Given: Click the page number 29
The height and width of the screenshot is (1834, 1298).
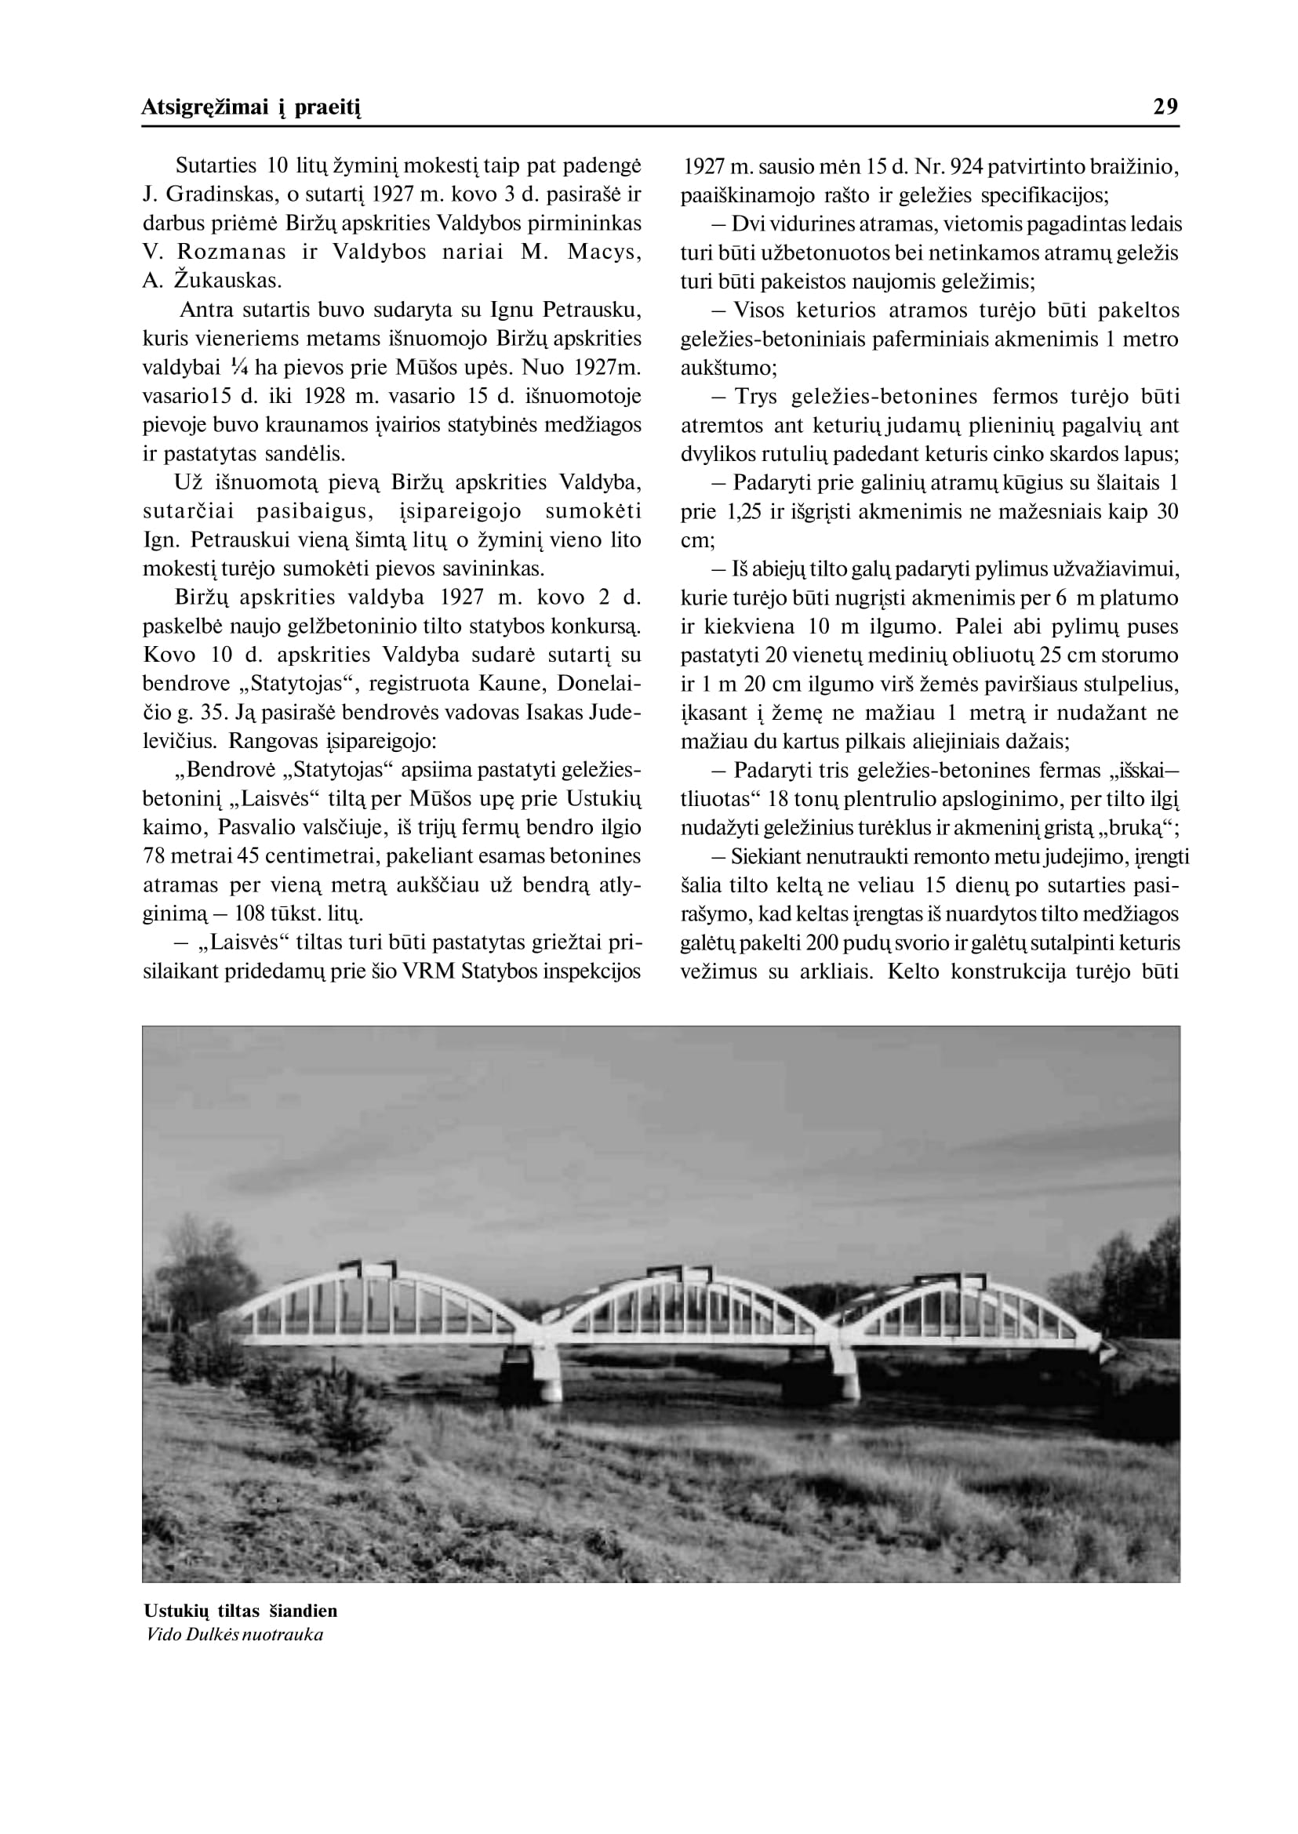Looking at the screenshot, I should pos(1165,107).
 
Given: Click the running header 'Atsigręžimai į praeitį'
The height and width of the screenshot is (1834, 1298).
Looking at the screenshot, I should pos(252,107).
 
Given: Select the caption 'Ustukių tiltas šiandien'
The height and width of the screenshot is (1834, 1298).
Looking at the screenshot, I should pos(241,1611).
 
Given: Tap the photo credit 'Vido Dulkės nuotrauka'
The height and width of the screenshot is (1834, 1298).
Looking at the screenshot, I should pos(235,1634).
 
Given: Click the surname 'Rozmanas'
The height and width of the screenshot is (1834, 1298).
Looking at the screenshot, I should pos(232,252).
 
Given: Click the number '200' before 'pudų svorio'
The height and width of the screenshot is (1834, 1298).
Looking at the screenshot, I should pos(821,942).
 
